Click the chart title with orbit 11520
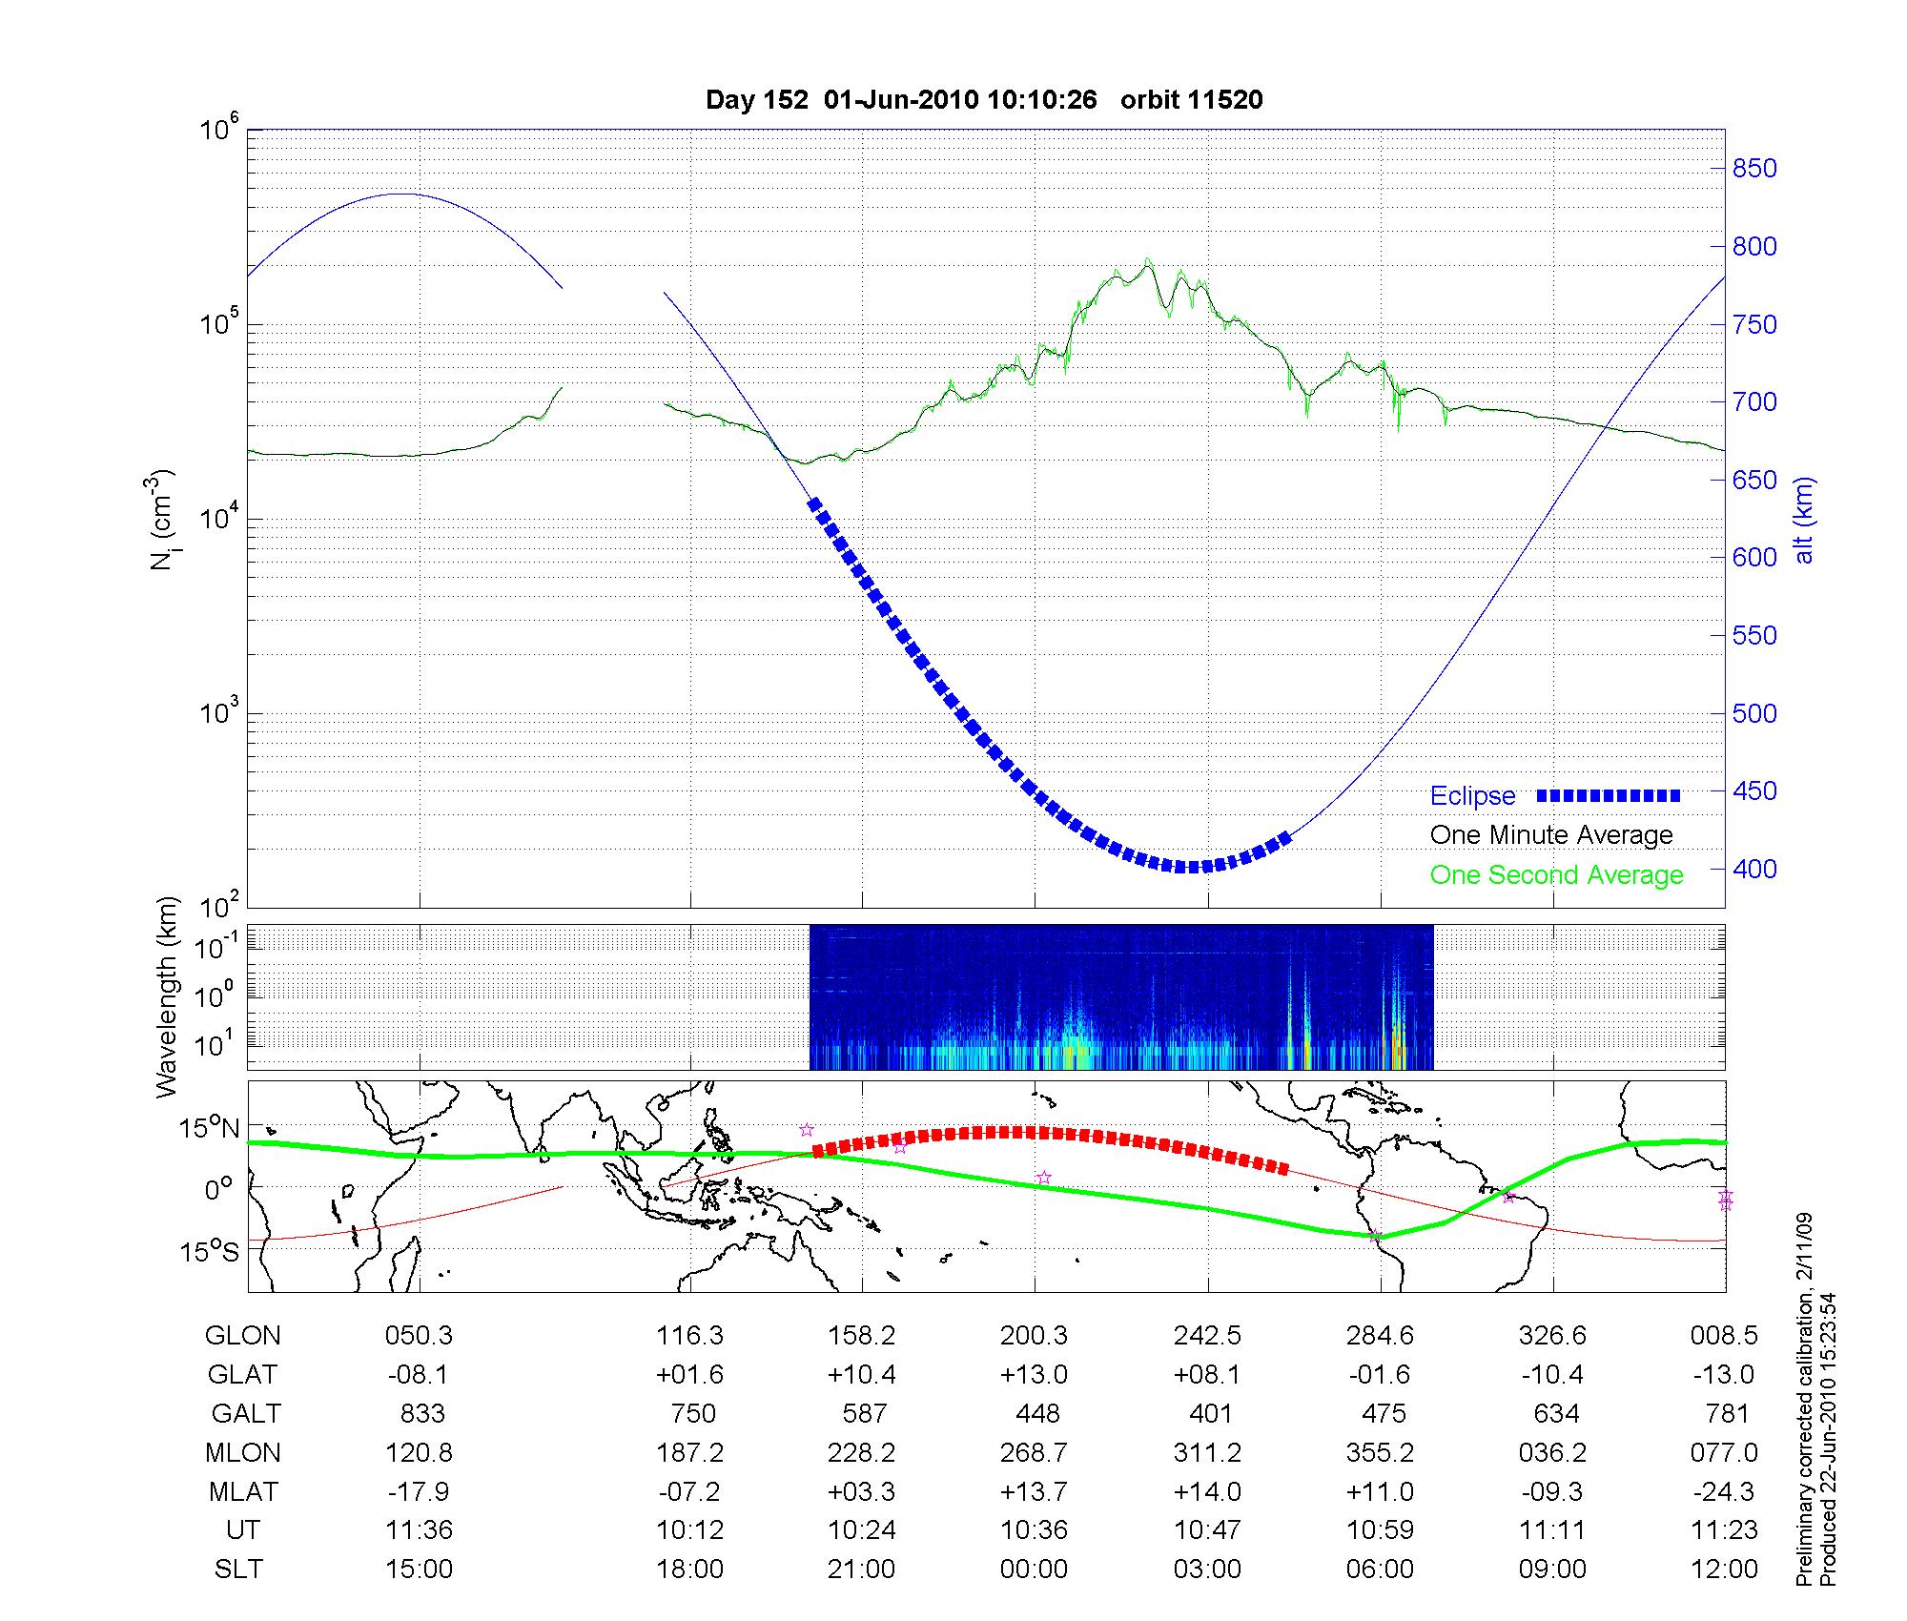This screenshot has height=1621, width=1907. click(x=983, y=100)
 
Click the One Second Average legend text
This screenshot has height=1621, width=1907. click(x=1556, y=875)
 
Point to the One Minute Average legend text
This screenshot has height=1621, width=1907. click(x=1551, y=835)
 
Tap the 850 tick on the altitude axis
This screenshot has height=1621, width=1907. click(x=1754, y=169)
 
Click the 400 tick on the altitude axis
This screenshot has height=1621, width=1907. click(x=1754, y=870)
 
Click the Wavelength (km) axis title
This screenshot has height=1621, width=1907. click(x=168, y=996)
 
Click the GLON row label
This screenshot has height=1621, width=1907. click(x=242, y=1336)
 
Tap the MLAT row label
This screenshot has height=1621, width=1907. click(x=243, y=1491)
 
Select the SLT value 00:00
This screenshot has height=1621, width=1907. click(x=1034, y=1569)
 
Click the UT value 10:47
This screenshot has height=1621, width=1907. click(x=1207, y=1530)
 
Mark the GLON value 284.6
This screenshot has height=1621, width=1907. click(x=1380, y=1336)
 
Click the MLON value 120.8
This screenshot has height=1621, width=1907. click(x=419, y=1453)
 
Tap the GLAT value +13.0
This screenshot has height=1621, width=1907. click(x=1034, y=1375)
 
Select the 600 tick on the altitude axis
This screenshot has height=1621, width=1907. click(x=1754, y=558)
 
